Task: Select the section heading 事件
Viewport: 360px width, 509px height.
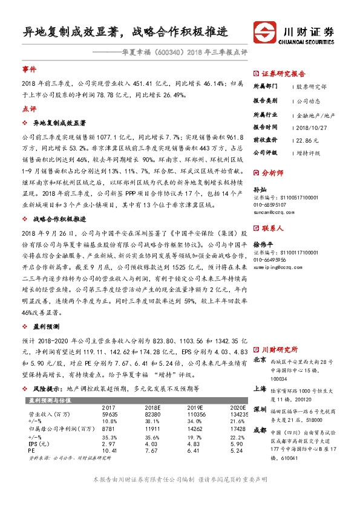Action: coord(29,70)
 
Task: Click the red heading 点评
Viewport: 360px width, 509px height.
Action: coord(29,109)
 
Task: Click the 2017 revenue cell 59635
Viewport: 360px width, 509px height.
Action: coord(110,397)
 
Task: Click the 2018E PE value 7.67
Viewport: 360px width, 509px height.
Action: coord(152,434)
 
